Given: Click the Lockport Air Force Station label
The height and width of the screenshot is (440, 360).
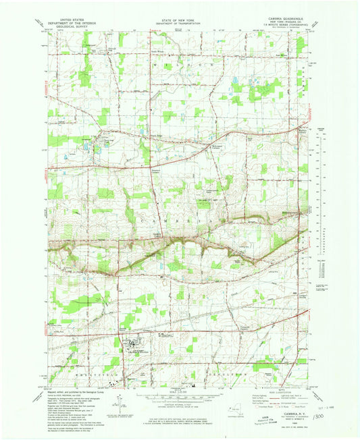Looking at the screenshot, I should (x=135, y=351).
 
